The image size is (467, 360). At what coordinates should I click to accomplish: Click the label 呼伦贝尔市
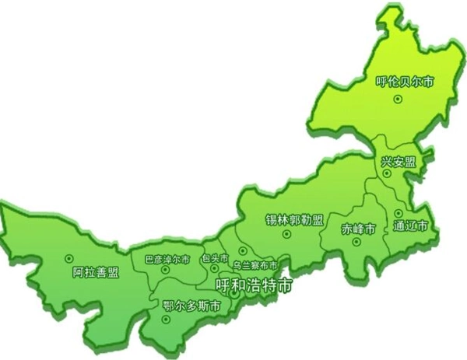(404, 80)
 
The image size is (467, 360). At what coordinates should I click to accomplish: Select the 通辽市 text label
(410, 226)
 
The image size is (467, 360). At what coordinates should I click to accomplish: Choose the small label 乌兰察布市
(254, 265)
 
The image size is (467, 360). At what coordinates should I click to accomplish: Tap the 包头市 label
(214, 257)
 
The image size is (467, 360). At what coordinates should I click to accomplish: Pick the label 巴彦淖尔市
(167, 258)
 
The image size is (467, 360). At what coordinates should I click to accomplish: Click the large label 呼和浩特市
(255, 285)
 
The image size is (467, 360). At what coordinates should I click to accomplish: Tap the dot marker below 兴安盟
(387, 173)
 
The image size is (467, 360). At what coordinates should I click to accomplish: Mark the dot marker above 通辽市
(397, 212)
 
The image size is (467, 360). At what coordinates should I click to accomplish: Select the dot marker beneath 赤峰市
(356, 242)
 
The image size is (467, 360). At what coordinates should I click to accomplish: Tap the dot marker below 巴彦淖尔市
(165, 270)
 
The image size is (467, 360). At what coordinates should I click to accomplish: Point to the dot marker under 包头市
(214, 269)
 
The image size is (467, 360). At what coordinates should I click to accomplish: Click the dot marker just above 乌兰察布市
(243, 250)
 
